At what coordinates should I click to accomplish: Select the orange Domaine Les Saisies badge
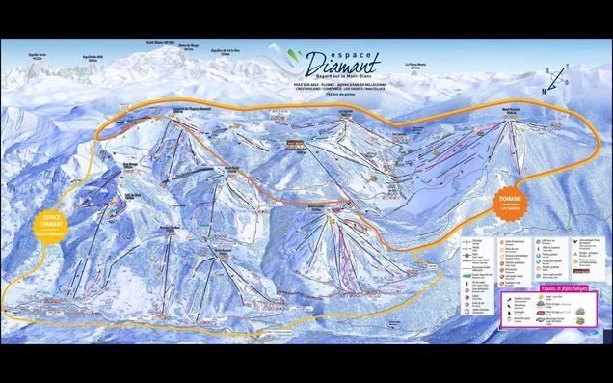point(511,199)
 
